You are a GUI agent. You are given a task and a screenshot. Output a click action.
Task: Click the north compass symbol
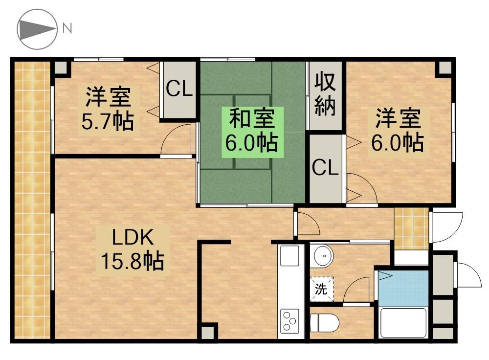click(x=37, y=29)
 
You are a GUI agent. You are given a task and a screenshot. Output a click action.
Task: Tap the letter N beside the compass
click(x=67, y=28)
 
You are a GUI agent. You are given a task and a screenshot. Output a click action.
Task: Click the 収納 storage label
click(x=325, y=94)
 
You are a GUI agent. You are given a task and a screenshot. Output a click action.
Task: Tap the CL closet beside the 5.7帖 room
click(x=179, y=89)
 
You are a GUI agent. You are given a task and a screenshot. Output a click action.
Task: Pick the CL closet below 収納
click(x=325, y=168)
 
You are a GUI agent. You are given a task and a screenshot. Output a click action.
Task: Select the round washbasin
click(x=322, y=255)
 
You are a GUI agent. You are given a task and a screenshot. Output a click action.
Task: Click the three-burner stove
click(x=289, y=321)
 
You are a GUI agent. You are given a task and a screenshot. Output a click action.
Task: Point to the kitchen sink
click(x=289, y=256)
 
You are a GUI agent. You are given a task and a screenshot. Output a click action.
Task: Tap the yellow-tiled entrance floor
click(x=411, y=228)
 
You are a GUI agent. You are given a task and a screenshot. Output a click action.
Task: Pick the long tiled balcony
click(x=32, y=201)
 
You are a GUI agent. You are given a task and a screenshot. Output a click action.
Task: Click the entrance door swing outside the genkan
click(x=448, y=226)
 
